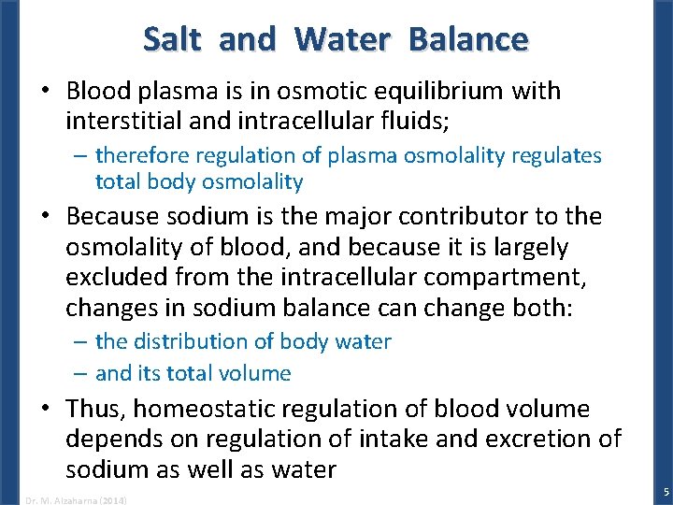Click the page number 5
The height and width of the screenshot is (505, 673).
coord(666,492)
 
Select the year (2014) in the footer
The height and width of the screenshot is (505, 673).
coord(111,500)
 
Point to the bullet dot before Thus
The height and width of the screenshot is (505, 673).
coord(47,409)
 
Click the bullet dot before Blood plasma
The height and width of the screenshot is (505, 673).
coord(47,91)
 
